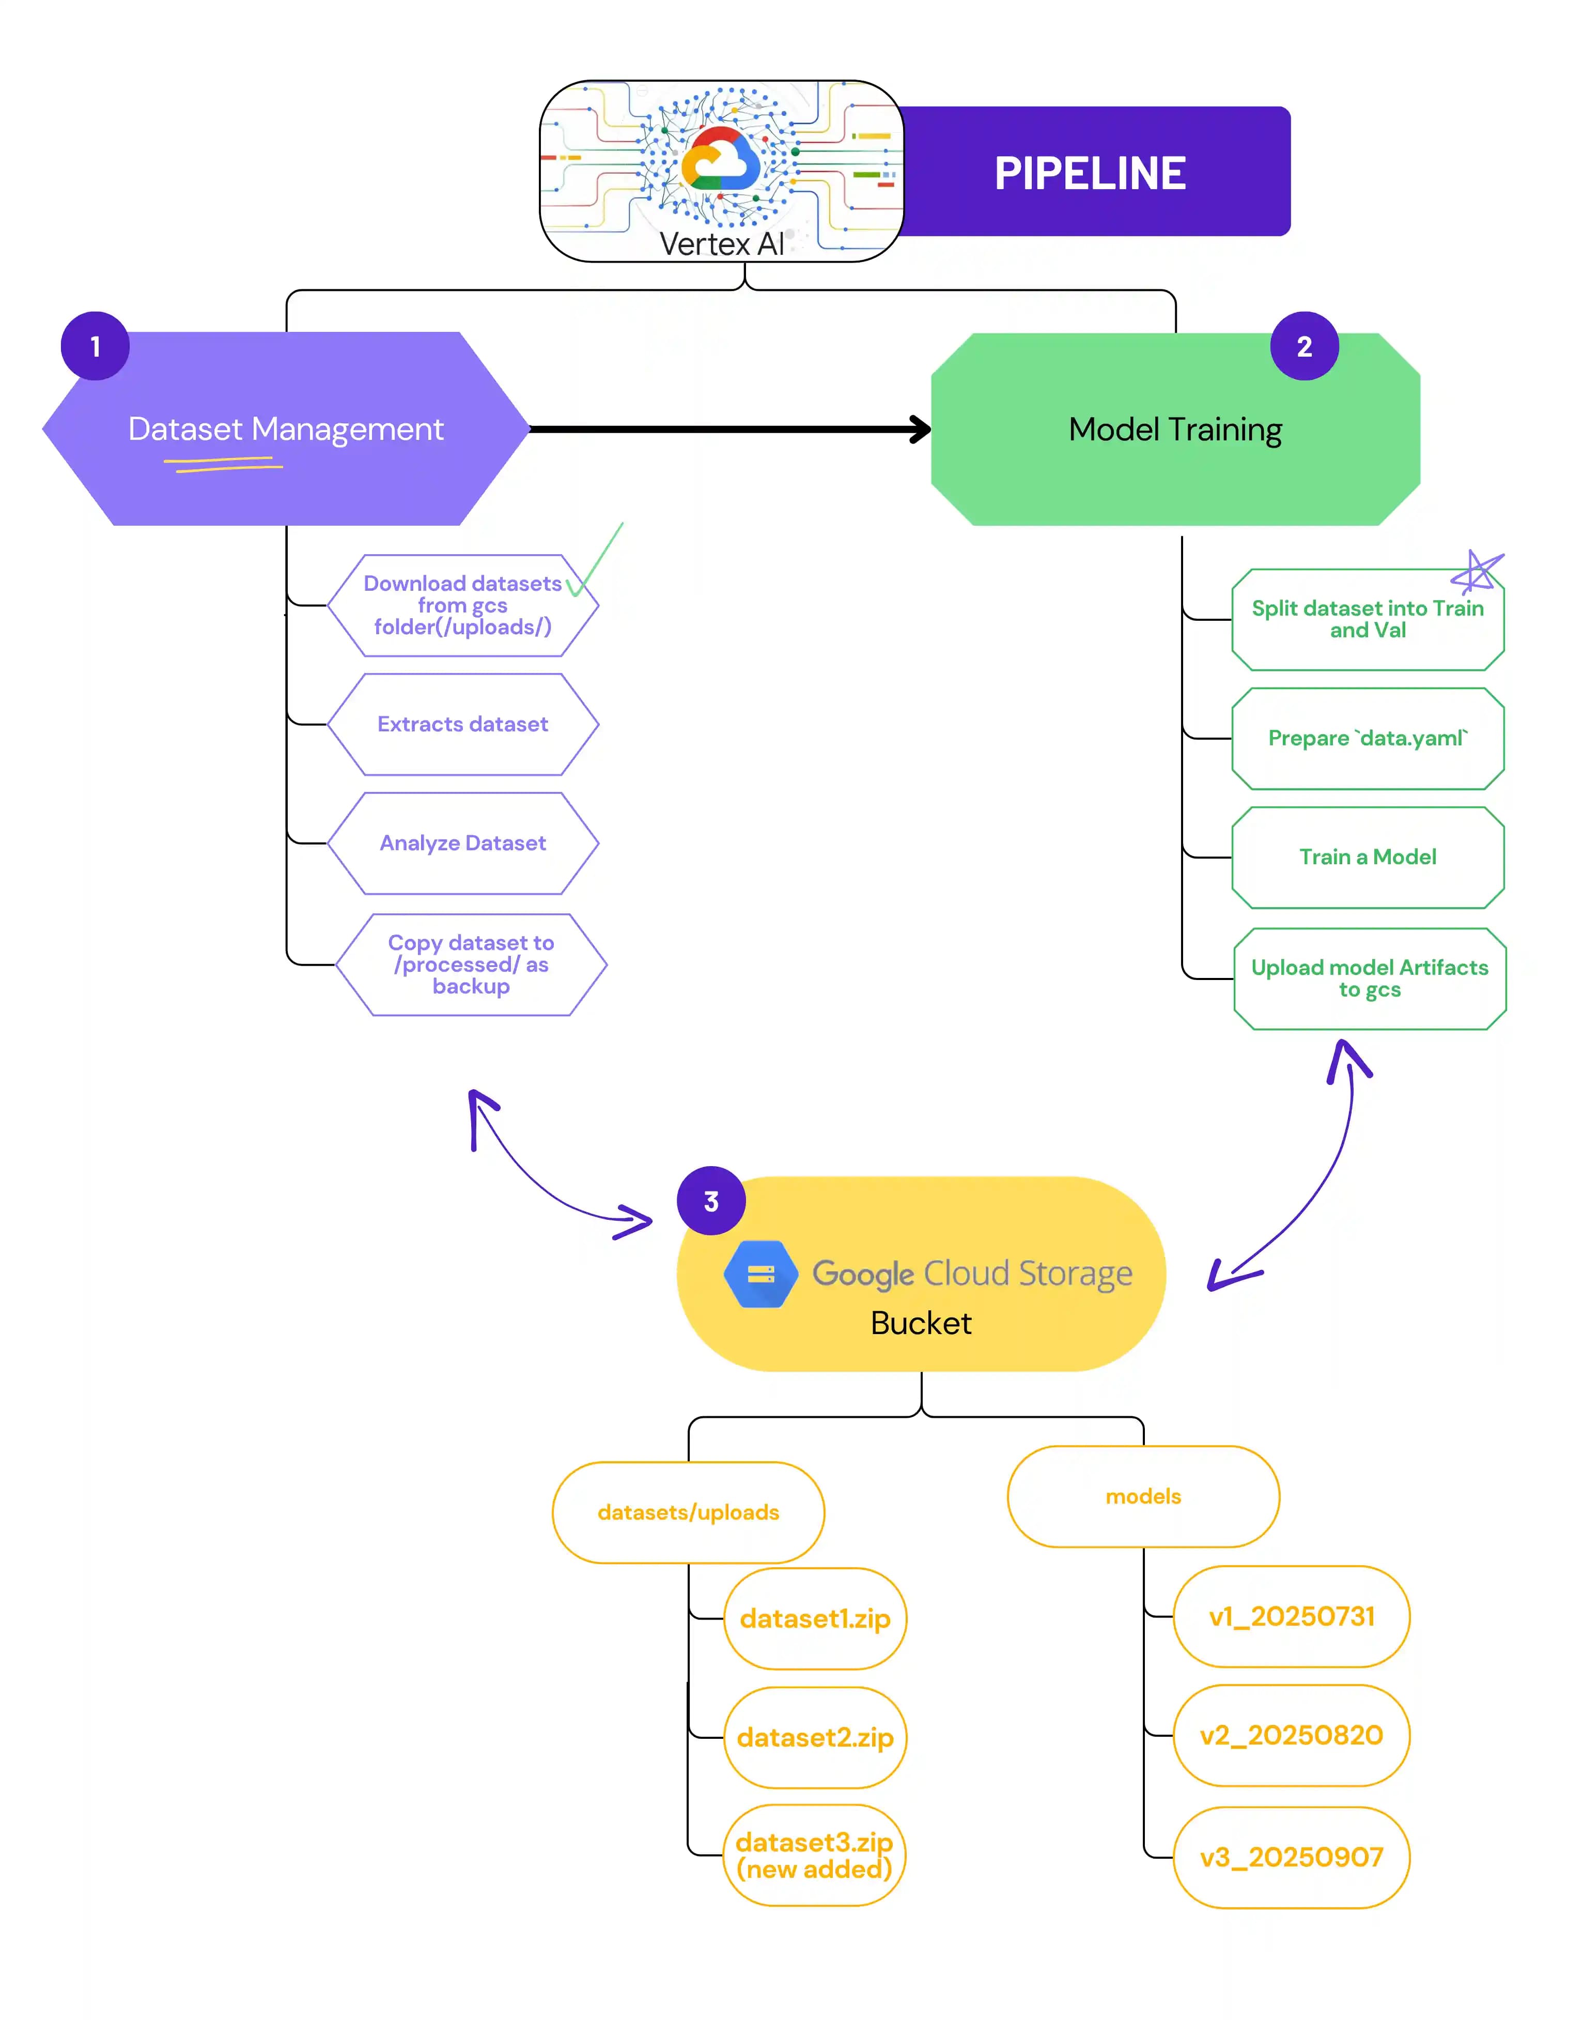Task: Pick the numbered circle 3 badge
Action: tap(711, 1201)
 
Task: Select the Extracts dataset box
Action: tap(462, 724)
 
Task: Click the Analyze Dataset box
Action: tap(462, 843)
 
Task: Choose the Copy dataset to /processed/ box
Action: tap(471, 964)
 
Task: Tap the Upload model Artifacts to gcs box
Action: tap(1369, 978)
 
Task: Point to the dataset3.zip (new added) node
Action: tap(814, 1855)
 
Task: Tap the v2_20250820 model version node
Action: tap(1291, 1735)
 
